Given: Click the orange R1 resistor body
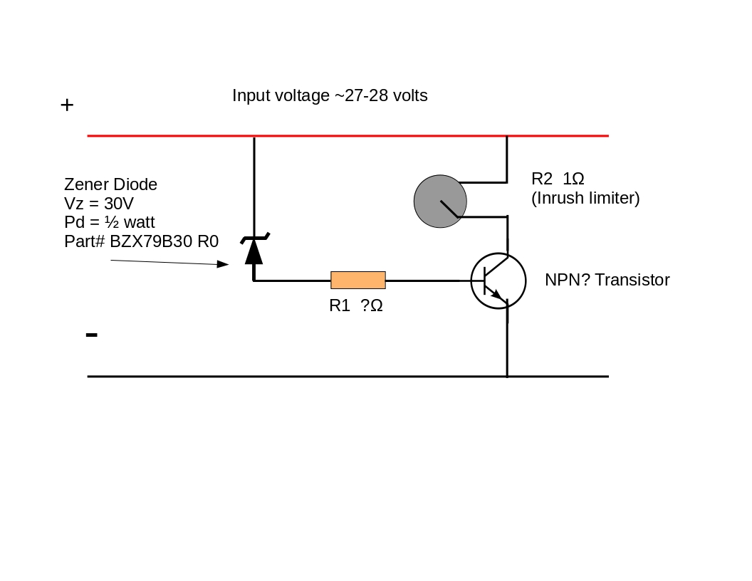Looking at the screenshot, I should [358, 280].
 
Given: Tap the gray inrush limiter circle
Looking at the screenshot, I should [440, 201].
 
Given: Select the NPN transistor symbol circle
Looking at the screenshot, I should [498, 281].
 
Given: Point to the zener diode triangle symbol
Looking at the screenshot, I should [254, 251].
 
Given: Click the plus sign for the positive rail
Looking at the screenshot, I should [67, 105].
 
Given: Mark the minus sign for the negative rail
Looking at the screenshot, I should [91, 335].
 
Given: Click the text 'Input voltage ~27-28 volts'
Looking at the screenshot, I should [330, 95].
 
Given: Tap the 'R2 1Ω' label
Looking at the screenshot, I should [558, 179].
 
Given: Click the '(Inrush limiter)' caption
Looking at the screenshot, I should [585, 199].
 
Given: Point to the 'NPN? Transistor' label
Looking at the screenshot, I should [607, 280].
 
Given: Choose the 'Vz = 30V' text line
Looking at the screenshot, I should [99, 204].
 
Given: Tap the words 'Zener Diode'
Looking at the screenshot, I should [110, 184].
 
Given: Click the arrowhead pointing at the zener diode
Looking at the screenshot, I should [223, 264].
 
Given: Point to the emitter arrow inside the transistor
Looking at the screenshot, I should [497, 294].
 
